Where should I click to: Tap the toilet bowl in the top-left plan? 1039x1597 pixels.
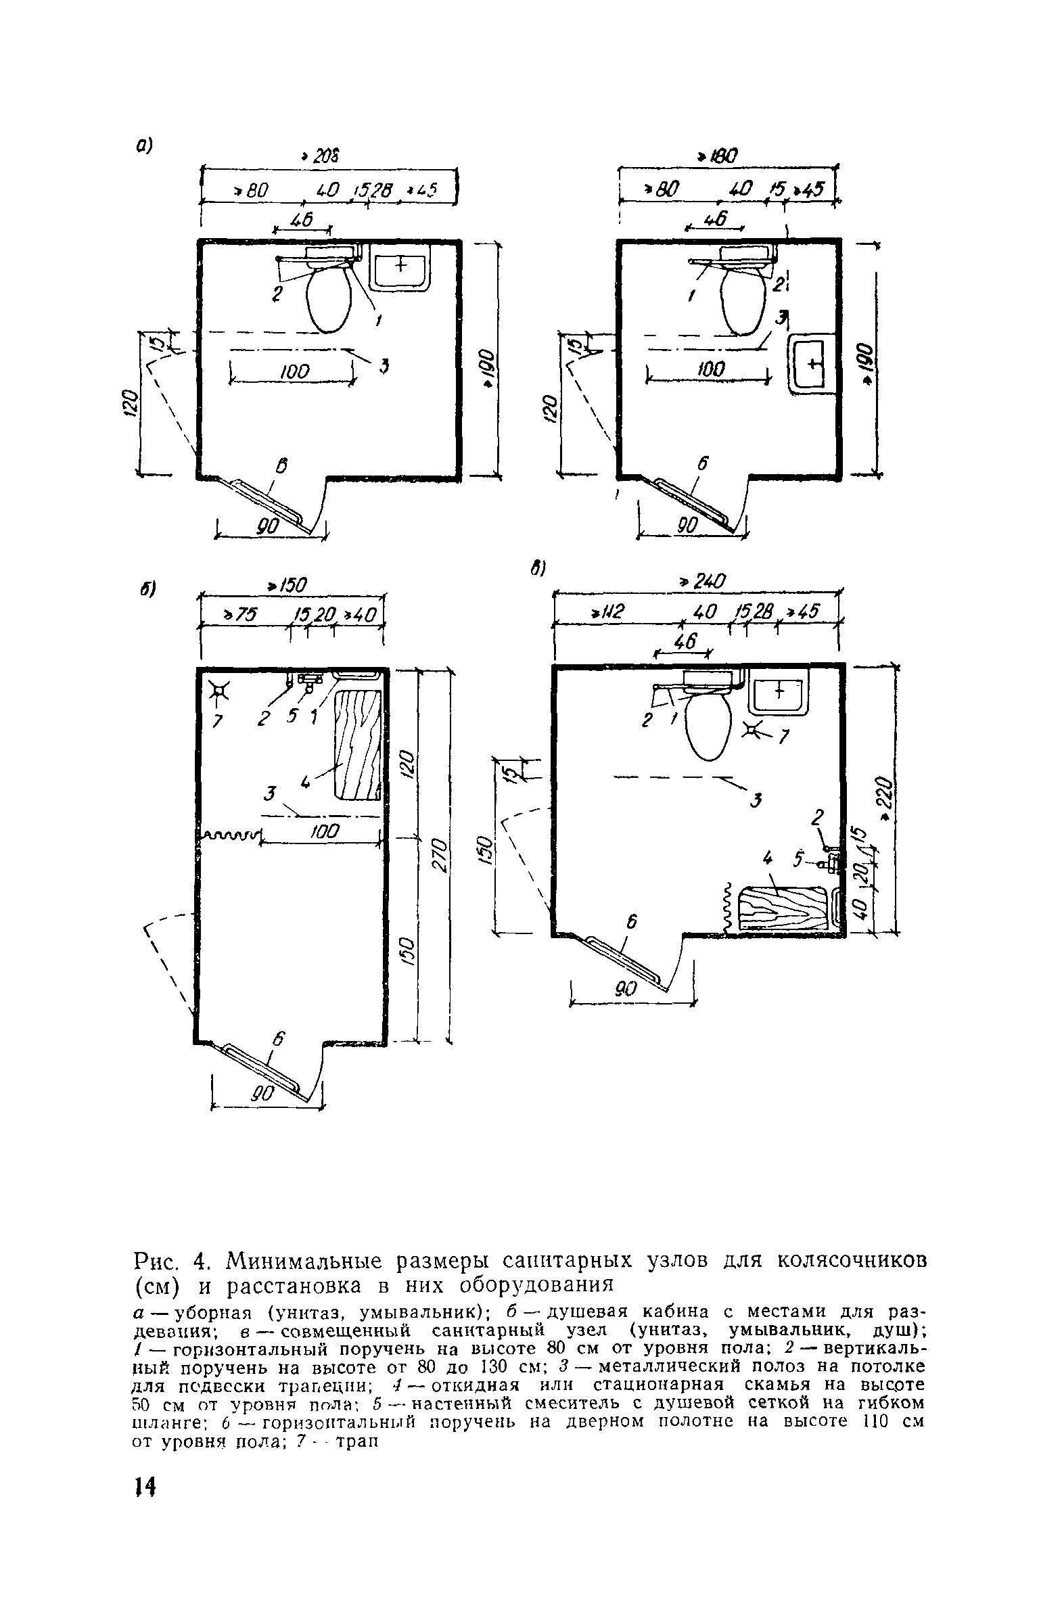click(x=330, y=297)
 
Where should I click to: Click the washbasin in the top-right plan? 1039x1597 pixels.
click(x=812, y=366)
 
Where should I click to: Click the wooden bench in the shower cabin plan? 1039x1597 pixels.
click(x=358, y=745)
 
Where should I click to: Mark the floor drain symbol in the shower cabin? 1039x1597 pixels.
click(x=218, y=691)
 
